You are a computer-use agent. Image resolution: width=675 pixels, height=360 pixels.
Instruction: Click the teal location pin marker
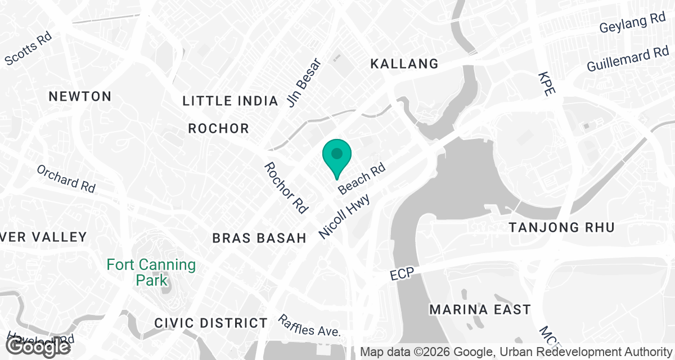(x=336, y=155)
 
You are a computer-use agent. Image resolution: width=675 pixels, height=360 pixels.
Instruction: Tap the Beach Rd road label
(x=361, y=179)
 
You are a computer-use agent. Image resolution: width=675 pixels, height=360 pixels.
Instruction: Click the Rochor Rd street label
(x=286, y=188)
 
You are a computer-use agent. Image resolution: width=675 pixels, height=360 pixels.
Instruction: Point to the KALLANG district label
(x=404, y=64)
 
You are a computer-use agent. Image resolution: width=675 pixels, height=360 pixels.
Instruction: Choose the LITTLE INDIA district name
(x=231, y=101)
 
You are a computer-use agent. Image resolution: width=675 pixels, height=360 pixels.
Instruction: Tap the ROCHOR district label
(x=218, y=129)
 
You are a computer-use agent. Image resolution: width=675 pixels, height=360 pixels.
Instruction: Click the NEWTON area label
(x=80, y=97)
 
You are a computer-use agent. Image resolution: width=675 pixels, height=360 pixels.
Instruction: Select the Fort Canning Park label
(x=151, y=272)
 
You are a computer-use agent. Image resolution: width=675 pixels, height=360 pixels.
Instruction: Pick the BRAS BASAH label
(x=259, y=238)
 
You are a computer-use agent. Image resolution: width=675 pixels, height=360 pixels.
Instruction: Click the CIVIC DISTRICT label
(x=211, y=323)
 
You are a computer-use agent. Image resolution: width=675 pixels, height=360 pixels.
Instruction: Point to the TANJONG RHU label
(x=561, y=228)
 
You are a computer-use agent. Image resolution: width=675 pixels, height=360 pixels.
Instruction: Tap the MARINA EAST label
(x=480, y=310)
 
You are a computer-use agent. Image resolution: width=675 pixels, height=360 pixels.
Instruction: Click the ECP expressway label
(x=402, y=275)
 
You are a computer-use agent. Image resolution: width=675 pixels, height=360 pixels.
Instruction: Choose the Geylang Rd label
(x=632, y=22)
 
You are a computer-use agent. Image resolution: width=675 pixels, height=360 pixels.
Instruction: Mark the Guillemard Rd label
(x=627, y=60)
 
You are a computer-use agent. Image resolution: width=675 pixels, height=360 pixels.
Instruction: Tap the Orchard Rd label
(x=66, y=178)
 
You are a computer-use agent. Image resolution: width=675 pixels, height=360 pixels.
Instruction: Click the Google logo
(x=38, y=346)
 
